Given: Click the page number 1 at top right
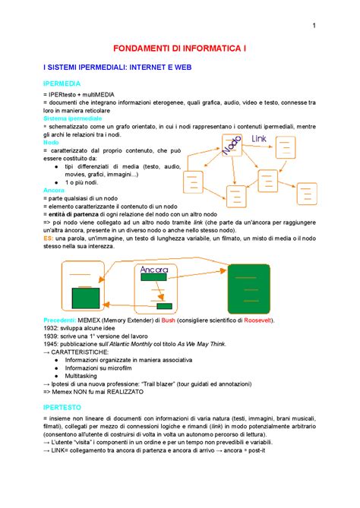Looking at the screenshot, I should pos(313,28).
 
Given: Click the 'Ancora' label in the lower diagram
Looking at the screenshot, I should pos(154,270).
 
